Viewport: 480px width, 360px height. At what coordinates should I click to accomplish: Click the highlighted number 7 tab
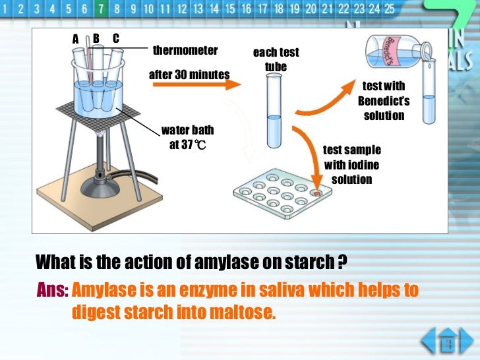click(x=101, y=9)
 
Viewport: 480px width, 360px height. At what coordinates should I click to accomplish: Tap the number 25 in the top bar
click(x=389, y=9)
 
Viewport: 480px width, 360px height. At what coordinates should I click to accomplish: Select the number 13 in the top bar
click(x=198, y=9)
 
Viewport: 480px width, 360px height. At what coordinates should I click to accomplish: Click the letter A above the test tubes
click(x=75, y=39)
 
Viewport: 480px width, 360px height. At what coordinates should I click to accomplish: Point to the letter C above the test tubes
click(x=116, y=38)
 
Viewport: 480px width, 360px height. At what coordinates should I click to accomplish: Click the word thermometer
click(x=185, y=50)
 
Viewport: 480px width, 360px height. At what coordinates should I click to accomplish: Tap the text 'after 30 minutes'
click(x=189, y=75)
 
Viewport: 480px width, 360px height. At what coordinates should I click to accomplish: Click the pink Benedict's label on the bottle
click(x=390, y=51)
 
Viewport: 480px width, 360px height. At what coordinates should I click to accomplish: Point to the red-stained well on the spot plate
click(x=316, y=193)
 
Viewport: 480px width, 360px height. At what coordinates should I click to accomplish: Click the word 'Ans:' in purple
click(x=52, y=289)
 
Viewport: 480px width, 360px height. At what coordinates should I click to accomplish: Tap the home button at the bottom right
click(x=447, y=341)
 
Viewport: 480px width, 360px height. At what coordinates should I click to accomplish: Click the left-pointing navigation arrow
click(x=429, y=340)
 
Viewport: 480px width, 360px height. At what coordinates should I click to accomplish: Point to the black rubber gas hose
click(x=135, y=177)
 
